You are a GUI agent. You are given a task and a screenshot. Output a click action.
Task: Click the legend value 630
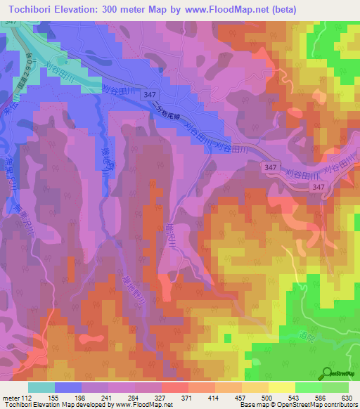[x=346, y=398]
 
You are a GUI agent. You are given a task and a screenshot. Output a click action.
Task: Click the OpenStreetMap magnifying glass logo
[x=328, y=373]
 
